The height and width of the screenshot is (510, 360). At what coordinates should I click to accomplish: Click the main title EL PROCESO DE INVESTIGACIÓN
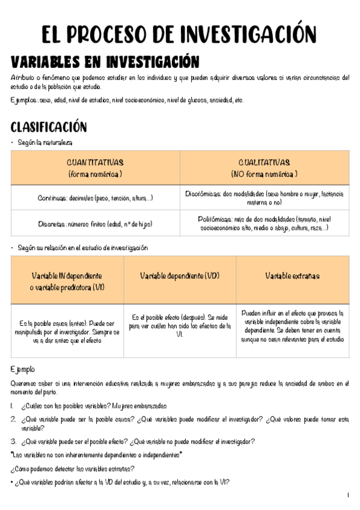point(179,34)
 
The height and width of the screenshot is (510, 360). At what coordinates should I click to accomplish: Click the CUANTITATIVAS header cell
point(95,168)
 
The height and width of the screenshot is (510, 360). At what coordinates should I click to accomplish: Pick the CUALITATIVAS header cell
point(264,168)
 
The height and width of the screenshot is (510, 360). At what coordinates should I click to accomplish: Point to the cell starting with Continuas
point(95,198)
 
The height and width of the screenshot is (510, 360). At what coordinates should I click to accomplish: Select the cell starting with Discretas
point(95,224)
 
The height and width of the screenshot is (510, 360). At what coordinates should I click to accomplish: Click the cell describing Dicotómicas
point(264,198)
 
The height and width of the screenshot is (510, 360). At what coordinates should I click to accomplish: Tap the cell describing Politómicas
point(264,224)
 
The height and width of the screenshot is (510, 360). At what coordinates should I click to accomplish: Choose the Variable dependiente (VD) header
point(180,275)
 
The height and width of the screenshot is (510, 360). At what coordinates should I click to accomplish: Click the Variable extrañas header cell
point(293,275)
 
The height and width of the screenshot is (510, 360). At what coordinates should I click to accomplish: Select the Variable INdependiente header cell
point(67,281)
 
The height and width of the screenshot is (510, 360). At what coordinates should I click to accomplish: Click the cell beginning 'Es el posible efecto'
point(180,326)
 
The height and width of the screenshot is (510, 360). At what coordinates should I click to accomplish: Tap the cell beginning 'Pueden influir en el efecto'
point(293,326)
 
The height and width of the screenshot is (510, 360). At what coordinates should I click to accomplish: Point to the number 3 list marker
point(13,441)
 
